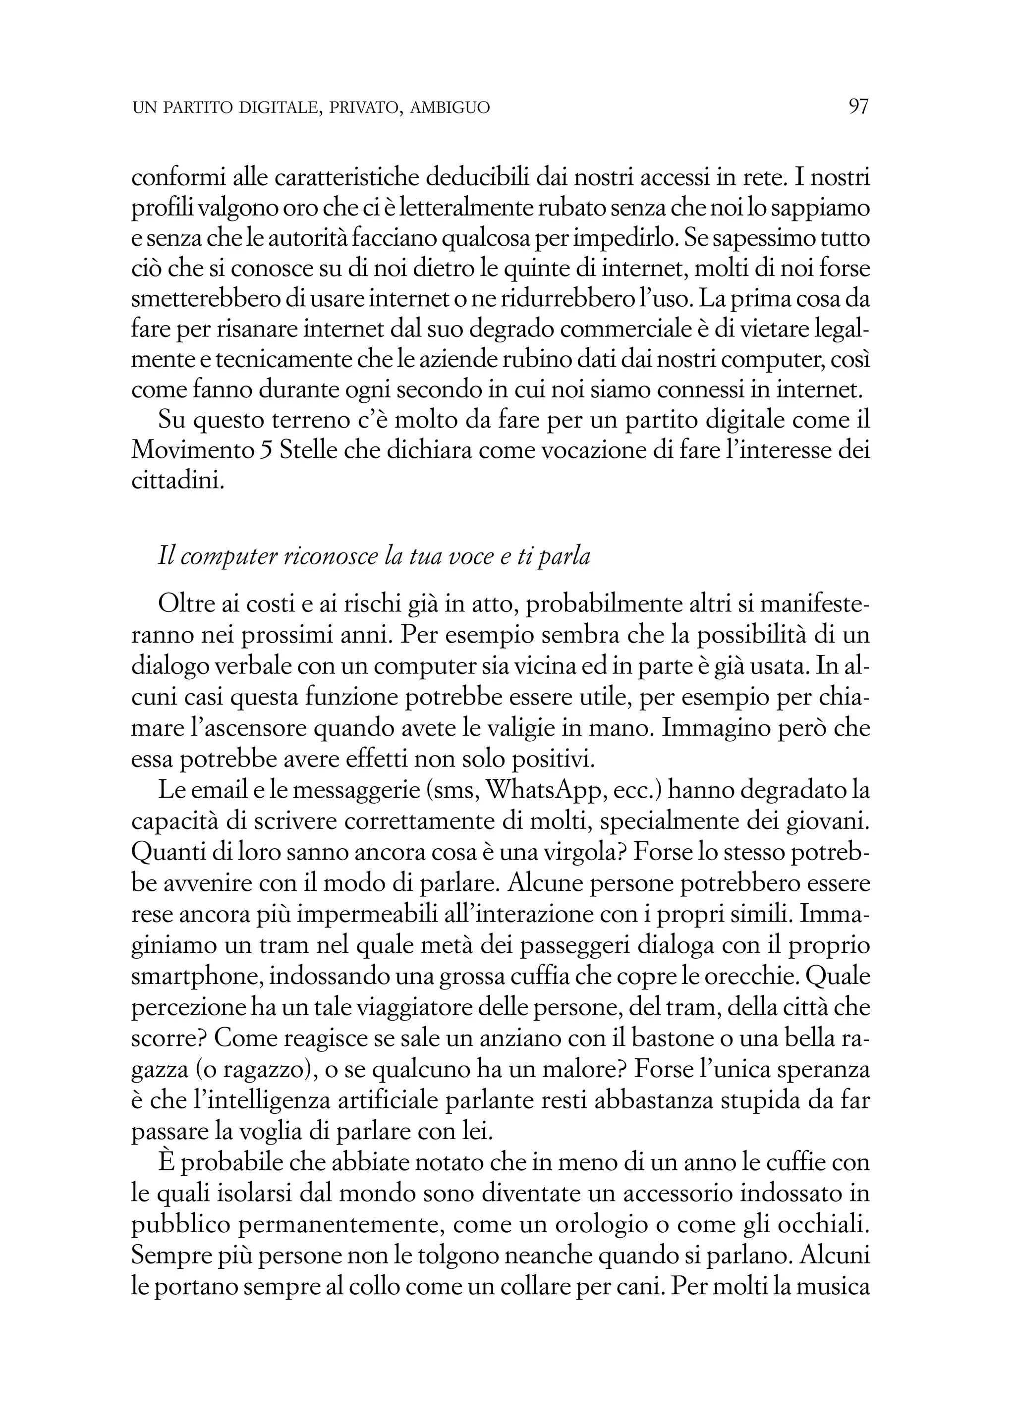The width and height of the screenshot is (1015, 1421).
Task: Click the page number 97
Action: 858,107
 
